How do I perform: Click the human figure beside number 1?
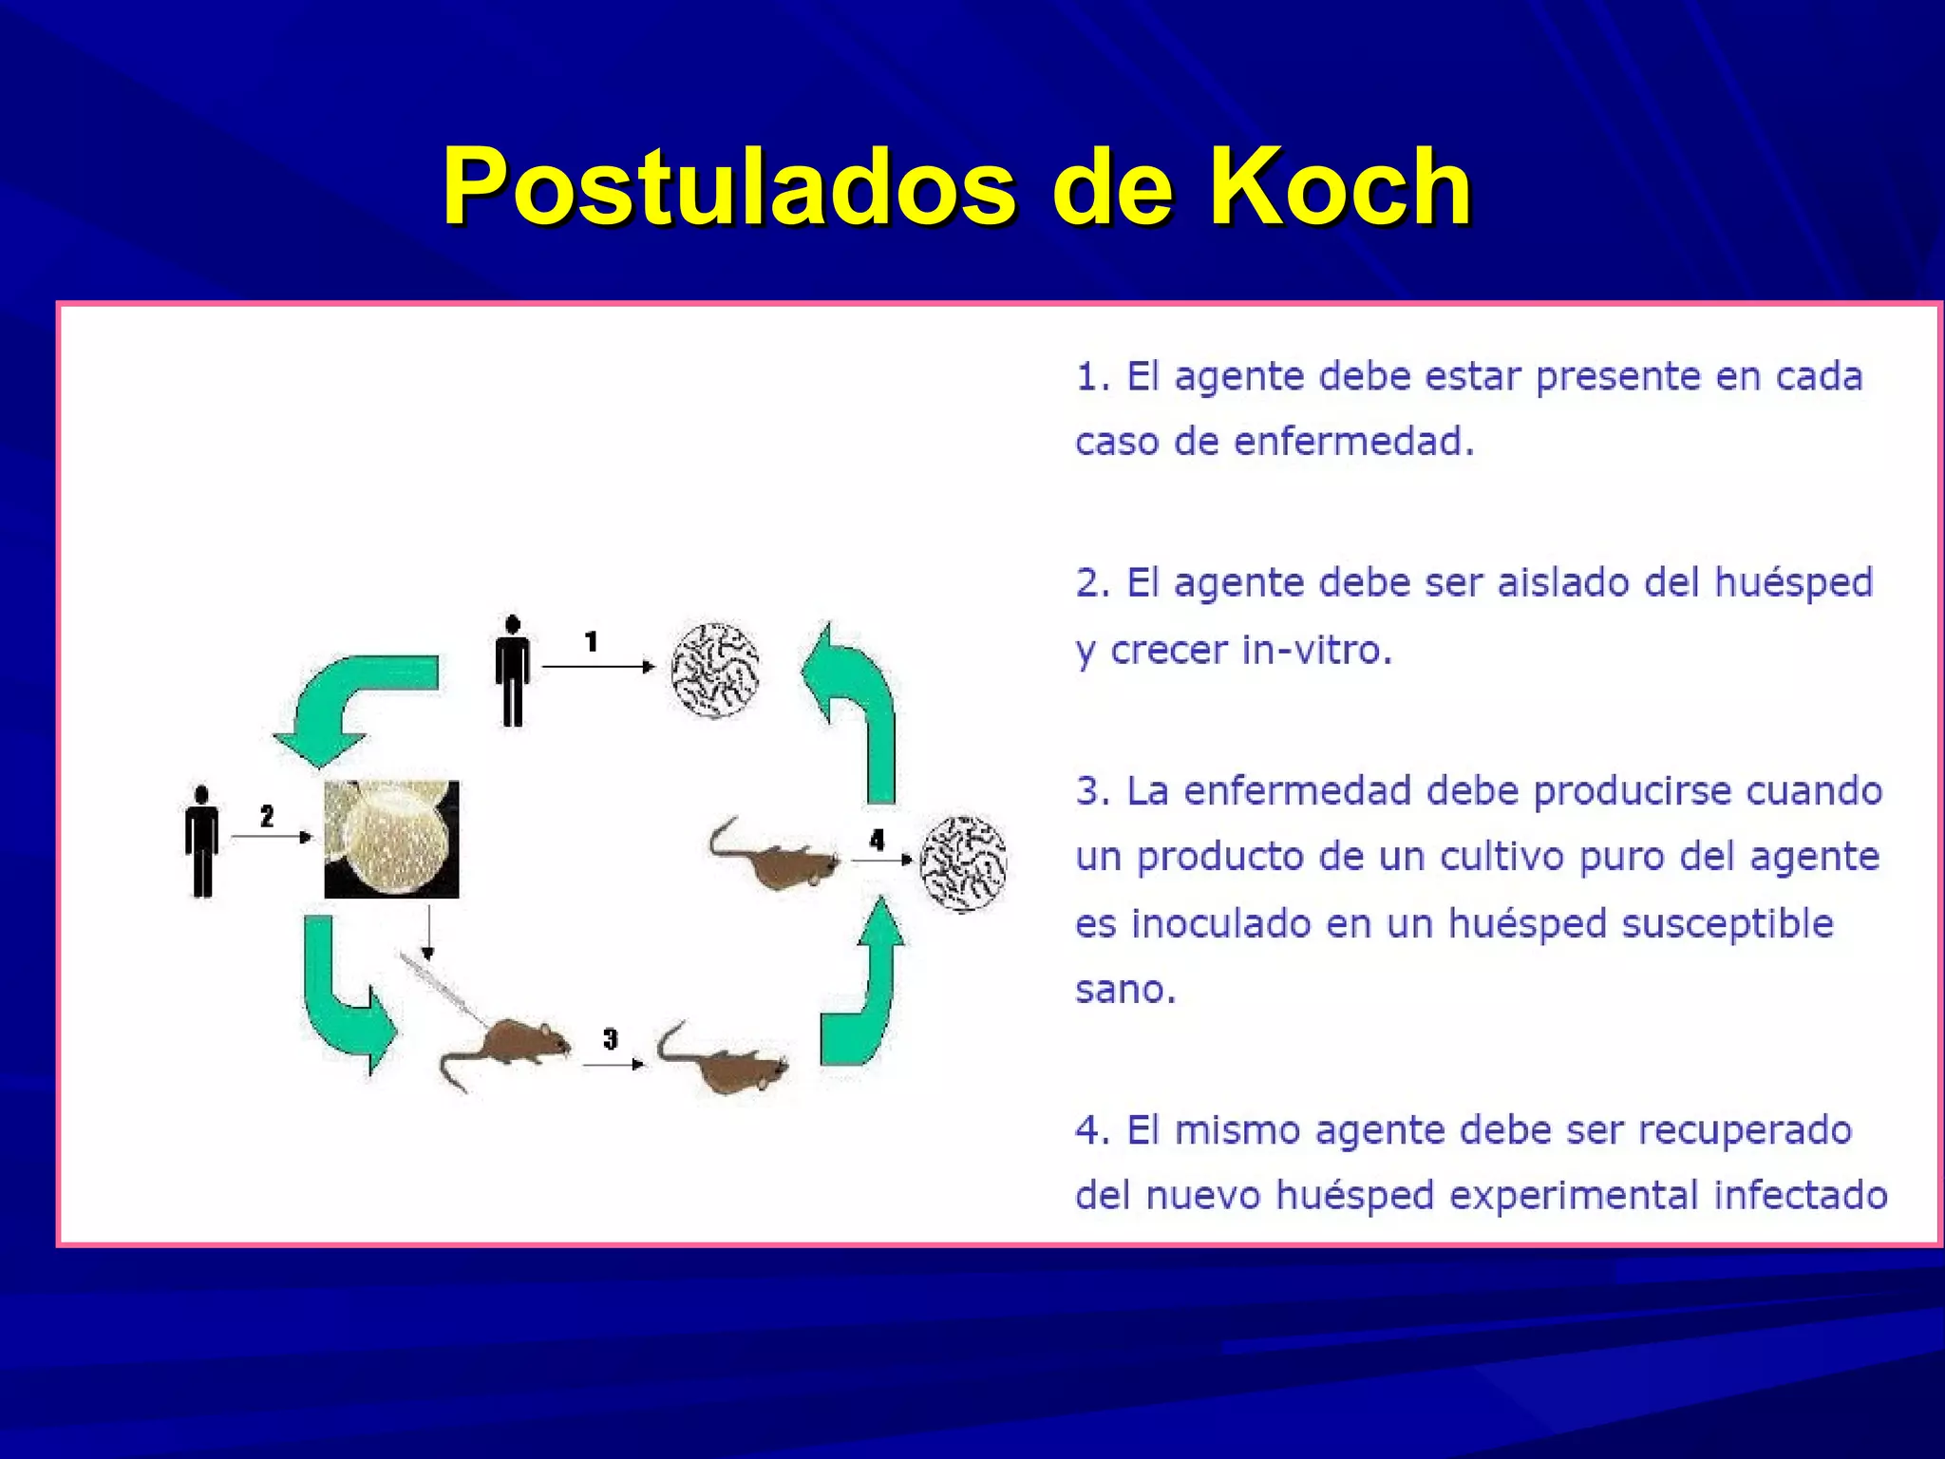click(x=513, y=671)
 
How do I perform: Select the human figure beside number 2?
click(x=201, y=842)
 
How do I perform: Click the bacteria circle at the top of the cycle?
click(x=715, y=670)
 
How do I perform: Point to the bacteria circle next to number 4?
click(x=964, y=863)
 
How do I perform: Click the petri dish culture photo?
click(x=391, y=840)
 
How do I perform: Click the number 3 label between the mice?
click(x=610, y=1039)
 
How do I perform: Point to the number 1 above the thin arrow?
click(x=591, y=642)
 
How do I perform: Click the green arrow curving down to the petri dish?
click(x=351, y=703)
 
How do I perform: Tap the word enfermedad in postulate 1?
click(x=1353, y=442)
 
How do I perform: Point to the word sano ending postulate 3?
click(x=1124, y=990)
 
